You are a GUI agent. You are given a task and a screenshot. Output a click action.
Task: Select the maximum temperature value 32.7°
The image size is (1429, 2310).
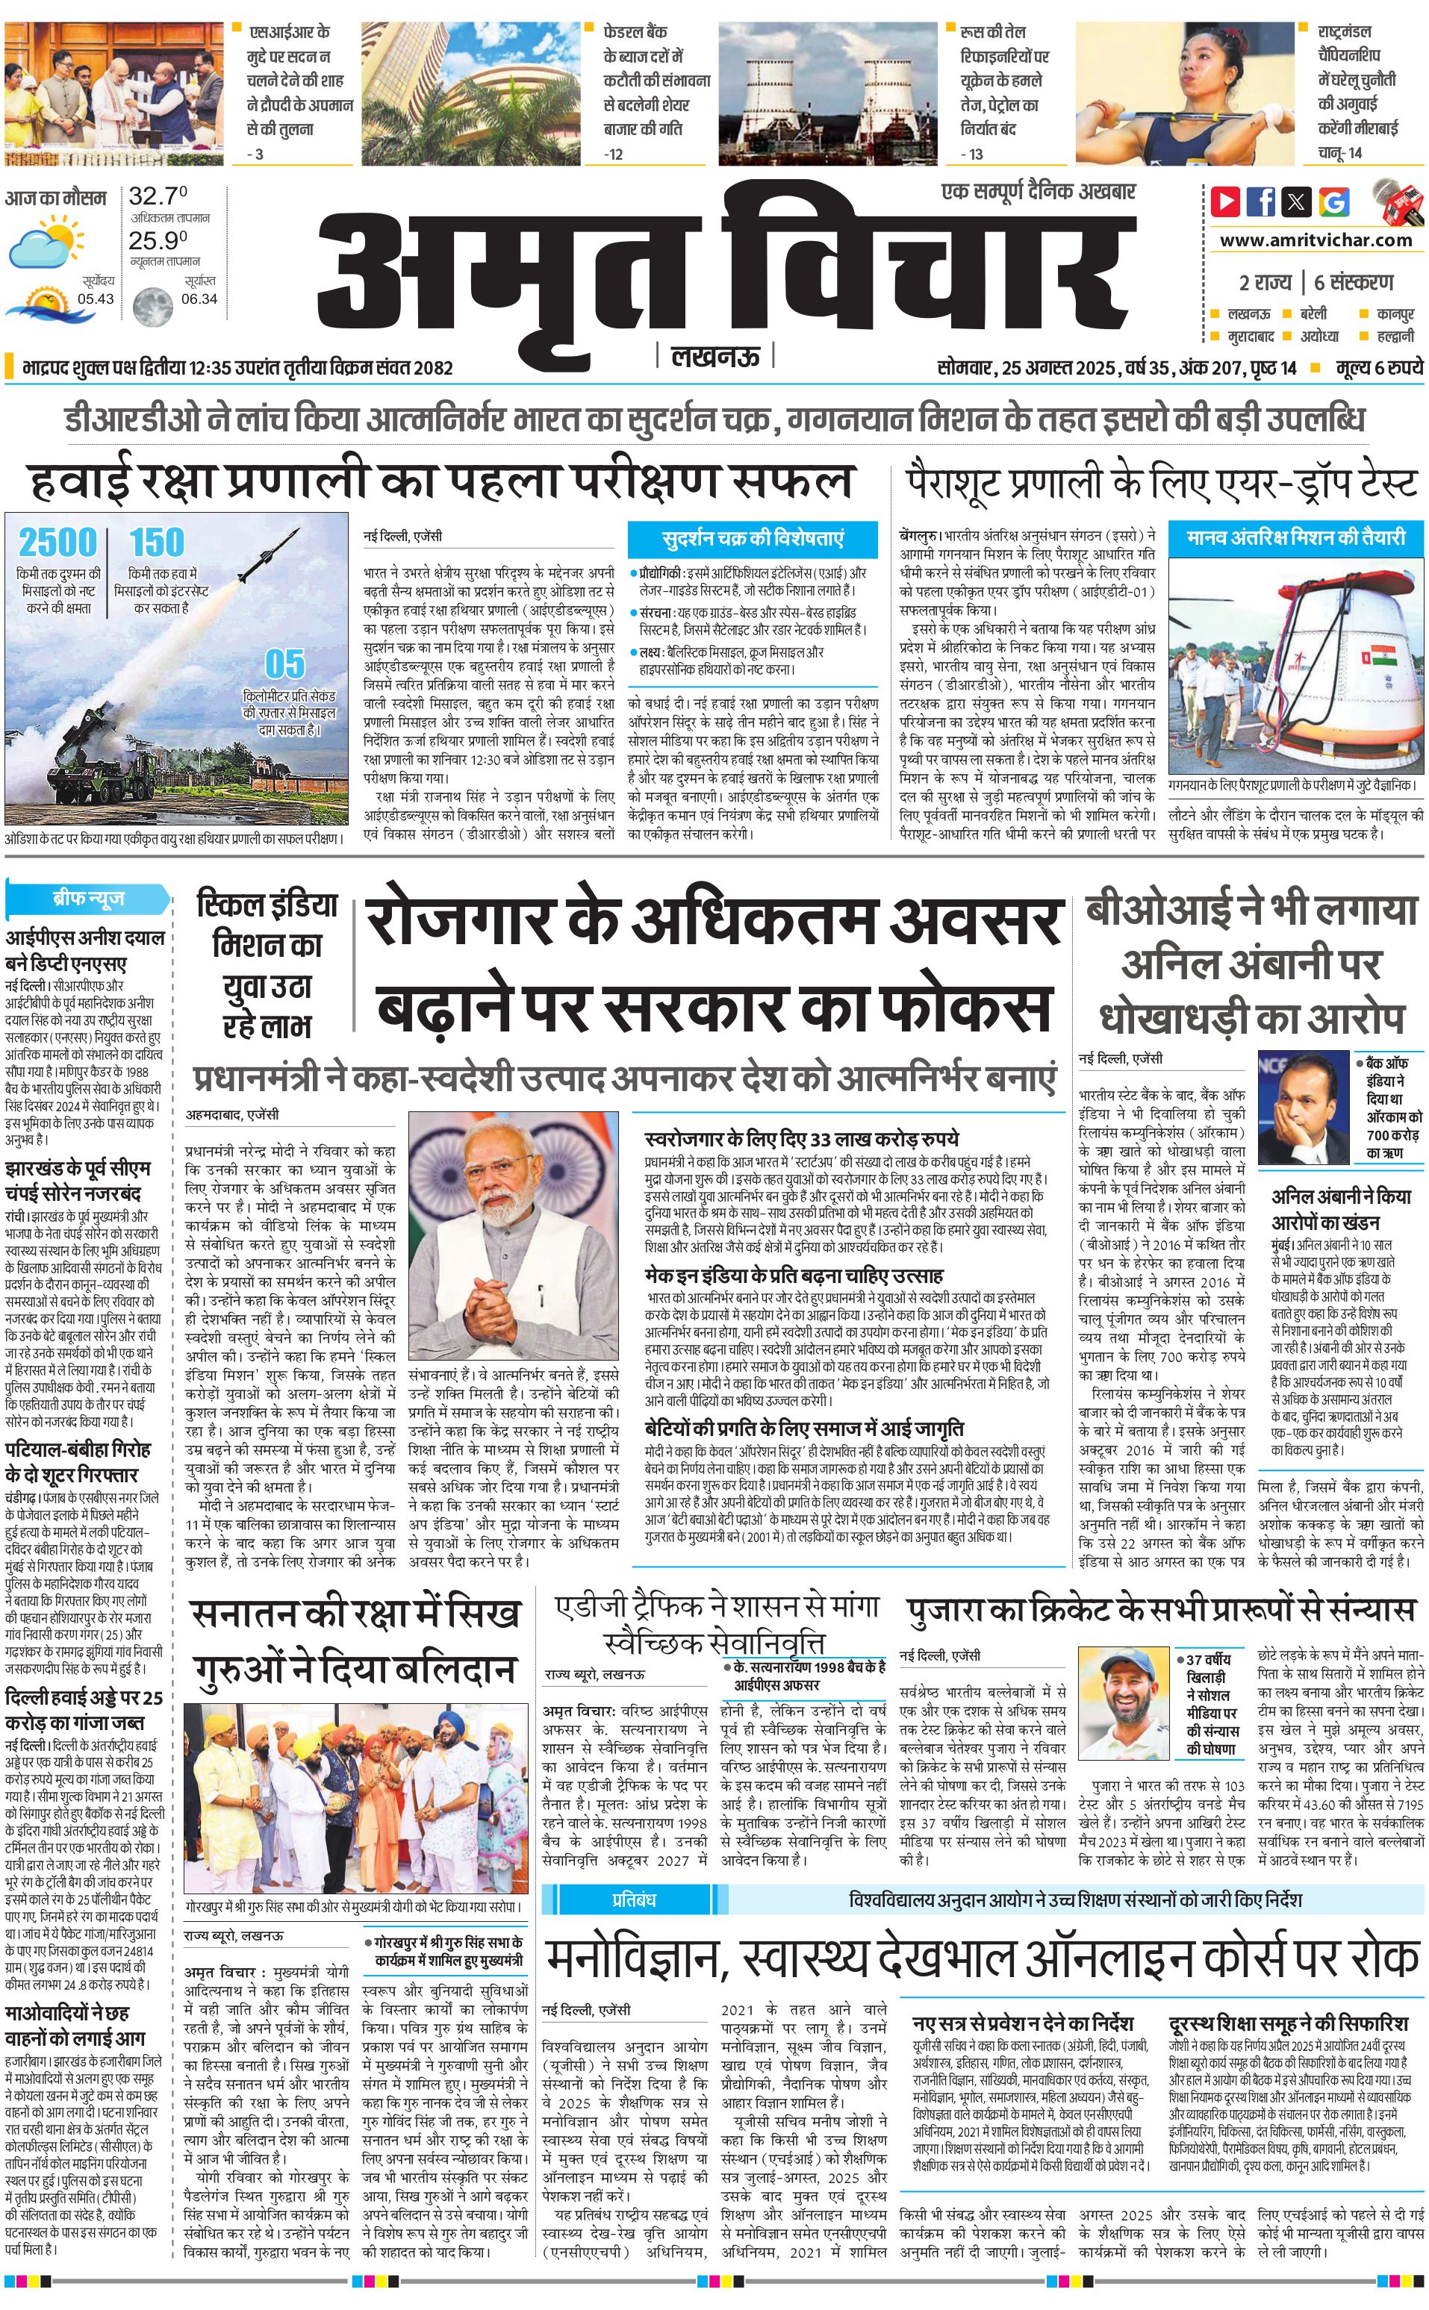158,196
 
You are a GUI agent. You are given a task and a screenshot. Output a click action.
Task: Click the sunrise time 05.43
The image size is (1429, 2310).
96,299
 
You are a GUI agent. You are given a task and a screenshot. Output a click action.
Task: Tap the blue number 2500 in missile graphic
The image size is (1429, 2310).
58,543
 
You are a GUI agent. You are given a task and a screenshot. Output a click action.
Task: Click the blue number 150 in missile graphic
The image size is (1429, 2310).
157,543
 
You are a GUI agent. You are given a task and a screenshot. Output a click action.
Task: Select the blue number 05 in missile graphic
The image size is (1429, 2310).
284,664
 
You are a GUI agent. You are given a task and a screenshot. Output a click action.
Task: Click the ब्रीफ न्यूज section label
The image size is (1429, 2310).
88,898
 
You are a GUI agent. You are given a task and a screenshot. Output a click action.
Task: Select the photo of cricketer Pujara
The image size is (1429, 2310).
1123,1701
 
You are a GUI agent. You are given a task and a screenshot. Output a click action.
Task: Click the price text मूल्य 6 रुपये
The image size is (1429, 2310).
1378,367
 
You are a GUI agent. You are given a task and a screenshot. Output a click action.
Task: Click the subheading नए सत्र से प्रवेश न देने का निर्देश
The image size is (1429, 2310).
1023,2023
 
